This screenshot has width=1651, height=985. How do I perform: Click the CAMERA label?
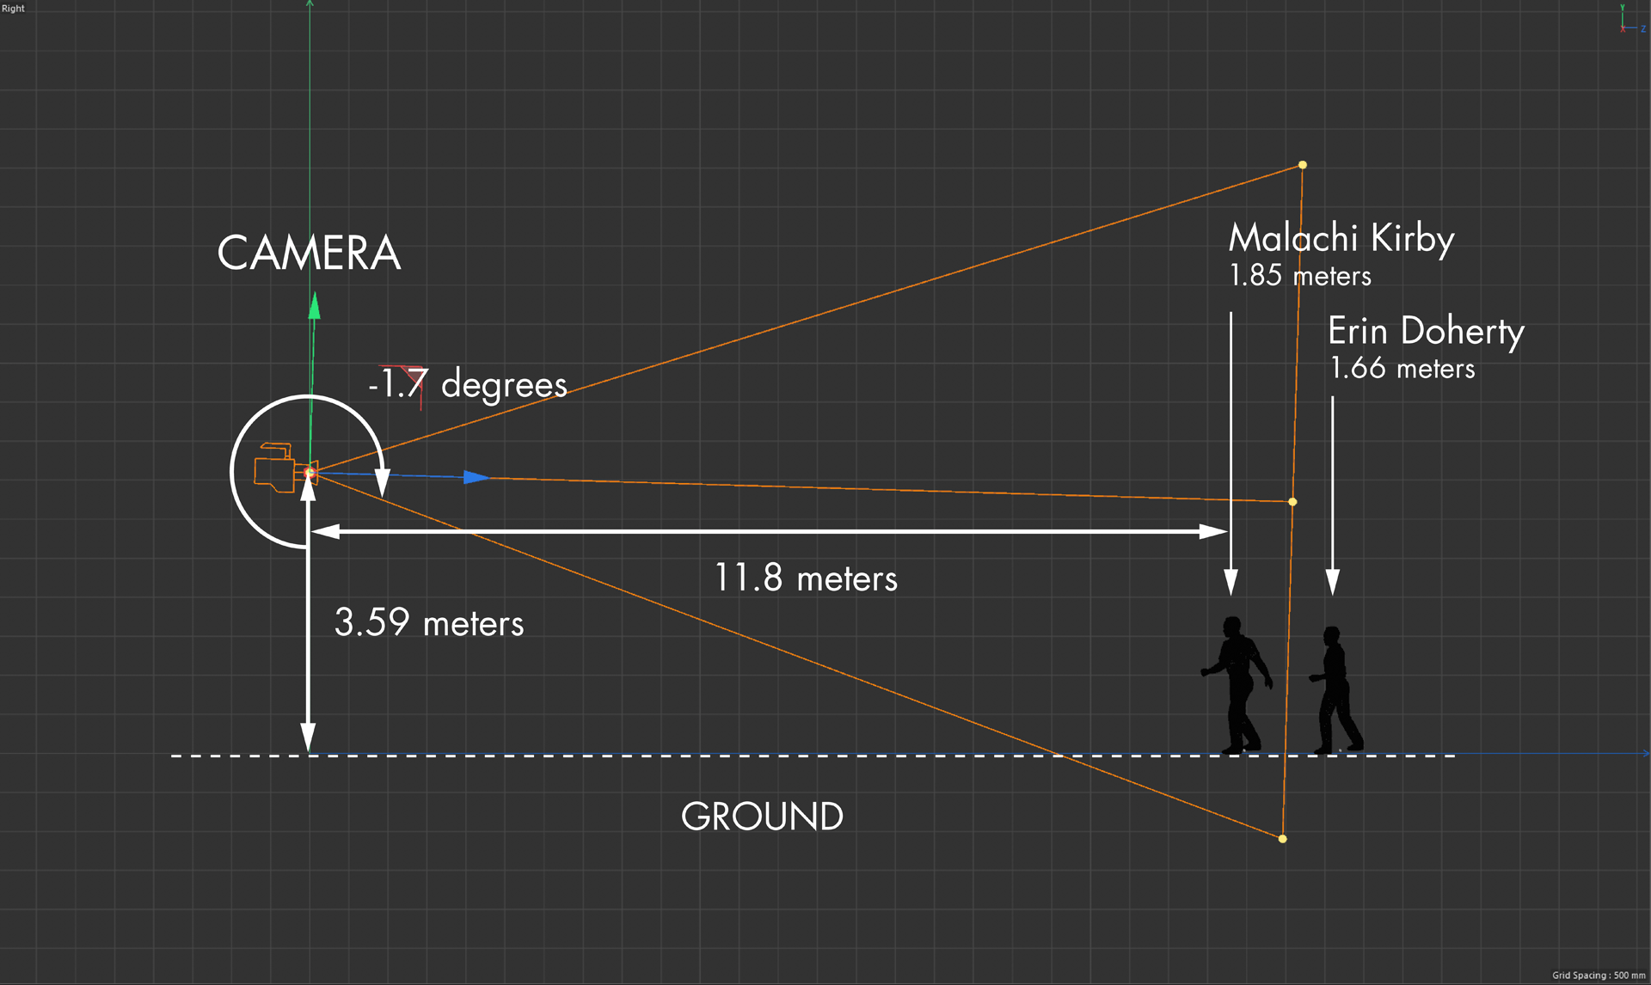tap(309, 254)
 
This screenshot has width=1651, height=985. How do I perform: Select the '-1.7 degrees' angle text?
tap(469, 384)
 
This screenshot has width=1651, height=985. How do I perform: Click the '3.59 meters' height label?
tap(428, 622)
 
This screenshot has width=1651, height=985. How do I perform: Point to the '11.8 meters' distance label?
tap(806, 578)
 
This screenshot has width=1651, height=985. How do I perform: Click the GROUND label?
tap(762, 817)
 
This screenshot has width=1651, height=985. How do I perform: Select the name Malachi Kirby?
tap(1341, 238)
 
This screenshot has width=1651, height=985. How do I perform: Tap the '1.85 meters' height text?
tap(1300, 276)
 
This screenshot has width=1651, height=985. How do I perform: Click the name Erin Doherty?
tap(1426, 332)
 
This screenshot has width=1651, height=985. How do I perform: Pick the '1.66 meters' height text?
tap(1402, 369)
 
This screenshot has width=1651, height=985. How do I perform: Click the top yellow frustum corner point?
tap(1303, 165)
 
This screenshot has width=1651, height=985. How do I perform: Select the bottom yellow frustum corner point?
tap(1283, 839)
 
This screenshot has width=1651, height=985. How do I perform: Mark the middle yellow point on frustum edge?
tap(1292, 502)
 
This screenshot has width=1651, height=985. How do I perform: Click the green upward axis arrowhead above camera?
tap(315, 306)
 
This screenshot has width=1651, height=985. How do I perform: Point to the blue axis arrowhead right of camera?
tap(476, 477)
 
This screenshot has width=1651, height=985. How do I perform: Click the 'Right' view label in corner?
tap(13, 9)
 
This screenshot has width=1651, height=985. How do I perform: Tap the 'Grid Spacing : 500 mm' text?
tap(1599, 976)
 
